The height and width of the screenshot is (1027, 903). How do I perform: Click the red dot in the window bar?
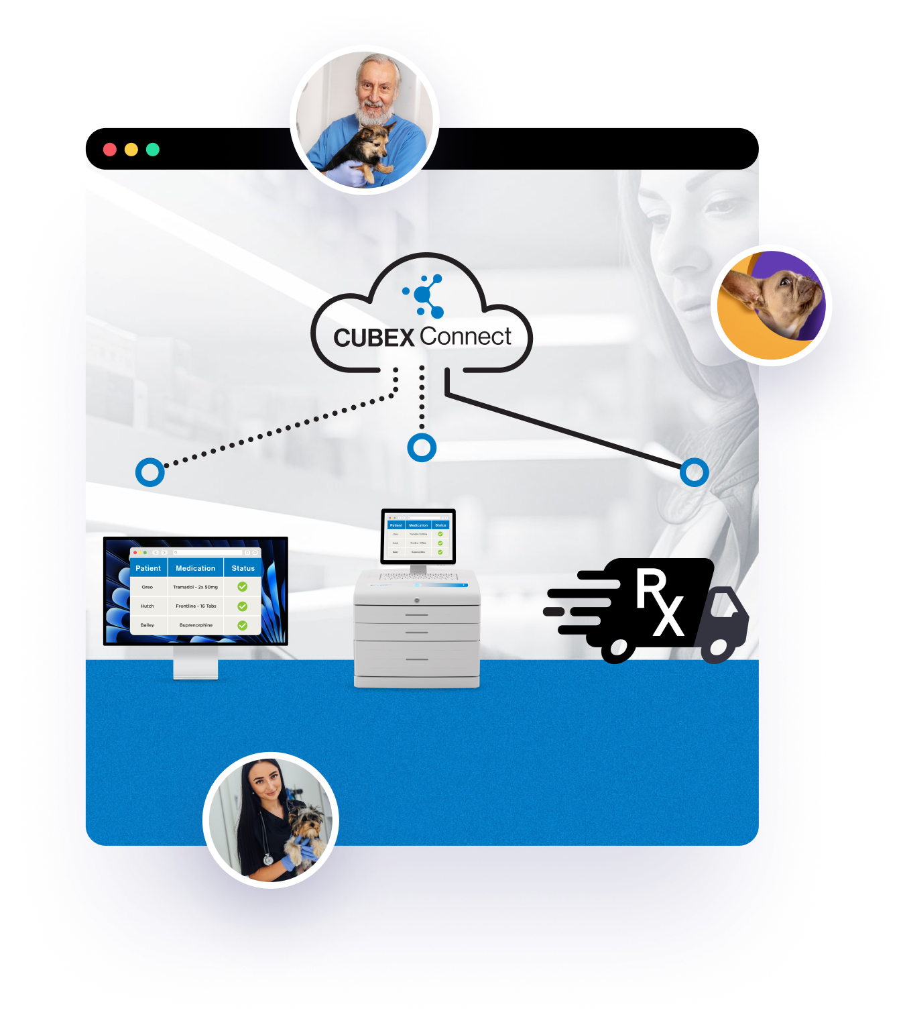tap(110, 150)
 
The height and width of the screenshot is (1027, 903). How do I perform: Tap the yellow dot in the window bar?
tap(131, 150)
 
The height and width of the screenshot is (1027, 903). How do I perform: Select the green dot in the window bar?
tap(153, 150)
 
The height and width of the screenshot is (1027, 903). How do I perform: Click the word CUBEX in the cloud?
tap(374, 337)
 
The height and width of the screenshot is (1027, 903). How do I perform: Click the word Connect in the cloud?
tap(465, 336)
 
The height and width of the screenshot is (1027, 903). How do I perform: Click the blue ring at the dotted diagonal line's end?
tap(150, 472)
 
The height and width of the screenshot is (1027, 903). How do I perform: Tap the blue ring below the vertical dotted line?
tap(422, 447)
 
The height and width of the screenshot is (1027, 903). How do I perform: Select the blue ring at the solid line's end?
tap(694, 472)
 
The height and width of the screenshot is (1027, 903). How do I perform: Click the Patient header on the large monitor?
tap(148, 568)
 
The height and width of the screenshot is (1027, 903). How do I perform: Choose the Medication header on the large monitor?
tap(196, 568)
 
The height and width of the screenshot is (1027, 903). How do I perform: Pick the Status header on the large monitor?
tap(243, 568)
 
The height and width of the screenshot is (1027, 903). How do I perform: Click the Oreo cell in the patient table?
tap(147, 587)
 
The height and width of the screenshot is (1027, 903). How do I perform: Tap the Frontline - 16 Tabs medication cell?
tap(196, 606)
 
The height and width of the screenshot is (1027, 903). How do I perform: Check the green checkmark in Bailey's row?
tap(243, 625)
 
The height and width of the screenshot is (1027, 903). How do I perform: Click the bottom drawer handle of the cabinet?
tap(417, 659)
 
